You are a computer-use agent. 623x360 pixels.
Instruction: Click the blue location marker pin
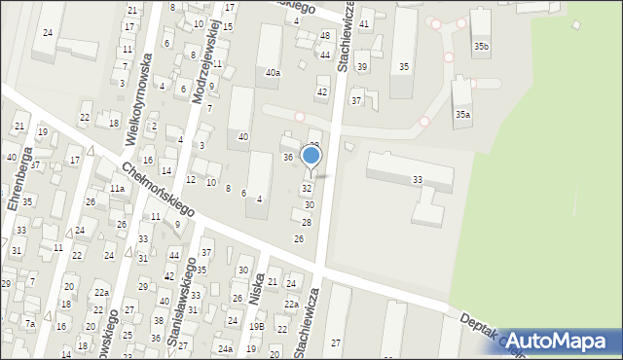tap(311, 157)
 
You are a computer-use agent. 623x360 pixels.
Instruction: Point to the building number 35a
tap(463, 115)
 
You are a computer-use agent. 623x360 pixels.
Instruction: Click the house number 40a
tap(274, 73)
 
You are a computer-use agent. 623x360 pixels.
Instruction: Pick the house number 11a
tap(117, 188)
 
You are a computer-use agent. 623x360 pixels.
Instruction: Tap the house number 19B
tap(256, 327)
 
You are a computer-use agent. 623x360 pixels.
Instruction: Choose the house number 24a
tap(225, 348)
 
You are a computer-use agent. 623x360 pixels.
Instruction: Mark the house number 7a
tap(30, 324)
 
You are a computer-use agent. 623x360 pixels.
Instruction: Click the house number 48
tap(325, 35)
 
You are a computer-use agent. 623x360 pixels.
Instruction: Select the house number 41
tap(364, 23)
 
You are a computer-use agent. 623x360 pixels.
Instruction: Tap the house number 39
tap(361, 66)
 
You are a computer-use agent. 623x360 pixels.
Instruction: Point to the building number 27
tap(336, 343)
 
